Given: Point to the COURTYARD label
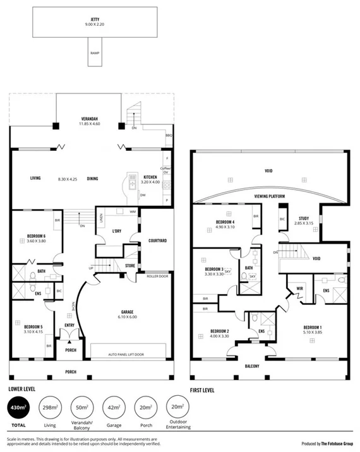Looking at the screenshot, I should coord(157,241).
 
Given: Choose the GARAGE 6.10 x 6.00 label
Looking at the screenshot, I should coord(131,314).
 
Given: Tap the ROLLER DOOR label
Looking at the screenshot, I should coord(156,276).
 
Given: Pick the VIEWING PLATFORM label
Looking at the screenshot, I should coord(270,196).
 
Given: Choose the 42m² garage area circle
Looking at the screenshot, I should coord(114,410).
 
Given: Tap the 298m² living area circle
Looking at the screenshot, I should coord(51,410).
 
